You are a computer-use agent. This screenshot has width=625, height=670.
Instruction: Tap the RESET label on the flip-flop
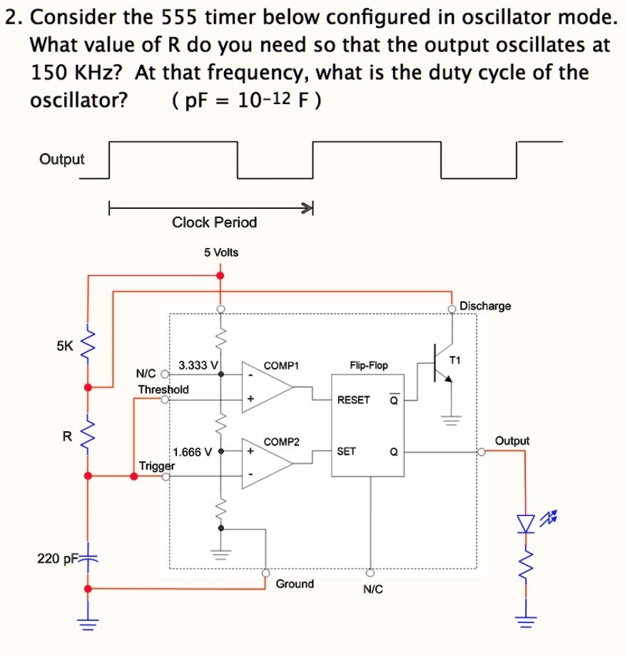tap(353, 399)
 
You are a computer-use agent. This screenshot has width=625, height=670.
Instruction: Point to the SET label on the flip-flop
tap(347, 451)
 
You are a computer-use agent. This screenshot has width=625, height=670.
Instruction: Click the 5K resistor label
tap(64, 346)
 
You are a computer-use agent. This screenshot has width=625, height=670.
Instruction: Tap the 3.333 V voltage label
tap(198, 365)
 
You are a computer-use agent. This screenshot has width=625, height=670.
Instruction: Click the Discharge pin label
tap(485, 306)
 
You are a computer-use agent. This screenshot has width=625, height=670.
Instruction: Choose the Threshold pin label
tap(163, 389)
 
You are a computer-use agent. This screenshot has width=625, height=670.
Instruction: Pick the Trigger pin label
tap(156, 465)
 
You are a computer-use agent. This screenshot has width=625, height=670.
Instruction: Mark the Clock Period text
tap(214, 222)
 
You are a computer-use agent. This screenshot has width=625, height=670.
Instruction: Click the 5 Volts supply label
tap(221, 252)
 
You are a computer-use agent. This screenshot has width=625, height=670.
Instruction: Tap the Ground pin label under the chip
tap(295, 584)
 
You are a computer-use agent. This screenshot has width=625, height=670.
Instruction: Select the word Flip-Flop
tap(369, 365)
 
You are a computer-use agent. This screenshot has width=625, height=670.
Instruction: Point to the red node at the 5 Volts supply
tap(220, 275)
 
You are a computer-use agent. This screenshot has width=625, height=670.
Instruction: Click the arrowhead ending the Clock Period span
tap(308, 208)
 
